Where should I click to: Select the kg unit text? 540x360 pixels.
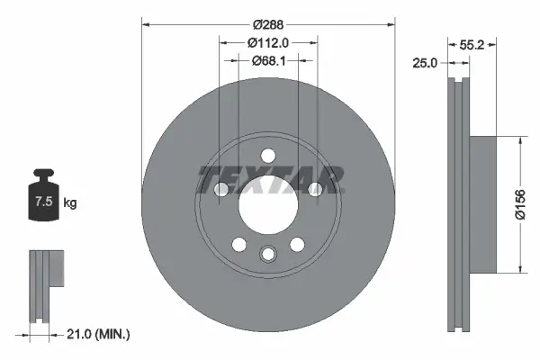click(x=69, y=203)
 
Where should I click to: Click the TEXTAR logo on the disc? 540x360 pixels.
click(x=269, y=179)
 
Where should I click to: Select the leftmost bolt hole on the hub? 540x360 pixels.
click(x=222, y=188)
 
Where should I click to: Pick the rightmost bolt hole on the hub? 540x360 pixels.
click(x=314, y=188)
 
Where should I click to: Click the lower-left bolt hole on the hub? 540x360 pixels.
click(x=239, y=243)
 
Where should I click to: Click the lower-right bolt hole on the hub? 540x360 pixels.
click(x=297, y=243)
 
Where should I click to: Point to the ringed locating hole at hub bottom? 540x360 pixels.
click(x=268, y=255)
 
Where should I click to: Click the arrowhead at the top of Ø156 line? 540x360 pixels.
click(x=520, y=140)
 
